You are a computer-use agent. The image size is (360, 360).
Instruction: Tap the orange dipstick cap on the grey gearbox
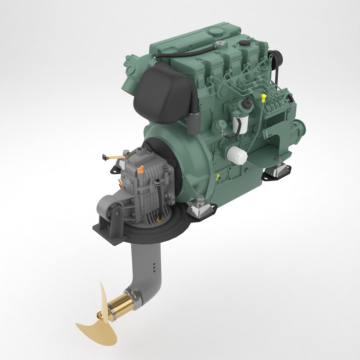pos(141,169)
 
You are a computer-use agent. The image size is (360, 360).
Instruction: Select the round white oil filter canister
pos(237,155)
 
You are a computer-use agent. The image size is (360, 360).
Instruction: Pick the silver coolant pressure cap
pos(219,43)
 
